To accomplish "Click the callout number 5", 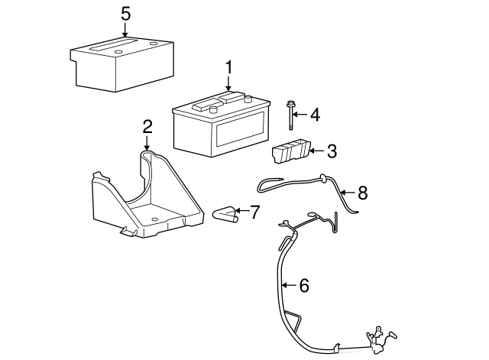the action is [125, 14].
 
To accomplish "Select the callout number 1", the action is [229, 68].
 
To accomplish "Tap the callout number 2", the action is [147, 127].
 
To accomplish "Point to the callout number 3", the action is [332, 151].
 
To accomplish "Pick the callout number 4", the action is [316, 115].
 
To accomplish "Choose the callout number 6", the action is [304, 285].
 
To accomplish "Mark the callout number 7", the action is [254, 212].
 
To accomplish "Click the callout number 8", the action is [363, 193].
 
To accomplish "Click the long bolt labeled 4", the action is [290, 115].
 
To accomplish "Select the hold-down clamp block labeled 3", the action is [291, 151].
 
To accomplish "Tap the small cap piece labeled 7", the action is [225, 215].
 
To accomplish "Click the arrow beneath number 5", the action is [125, 31].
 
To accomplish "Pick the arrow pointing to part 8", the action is [348, 193].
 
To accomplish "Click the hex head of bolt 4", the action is [290, 103].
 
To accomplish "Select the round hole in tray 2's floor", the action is [154, 219].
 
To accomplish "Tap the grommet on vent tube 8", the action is [323, 178].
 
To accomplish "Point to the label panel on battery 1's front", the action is [240, 130].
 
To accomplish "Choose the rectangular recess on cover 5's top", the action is [114, 44].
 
